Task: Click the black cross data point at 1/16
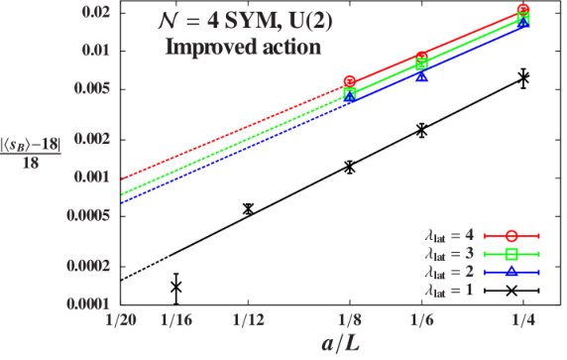coord(176,287)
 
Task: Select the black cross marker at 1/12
coord(248,209)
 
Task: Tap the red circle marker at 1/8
coord(350,81)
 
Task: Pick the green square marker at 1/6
coord(421,64)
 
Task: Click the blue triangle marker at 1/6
coord(421,76)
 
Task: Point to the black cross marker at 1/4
coord(523,77)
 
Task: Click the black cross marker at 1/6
coord(421,130)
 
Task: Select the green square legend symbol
coord(511,254)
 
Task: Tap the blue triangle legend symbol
coord(511,272)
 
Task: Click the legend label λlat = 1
coord(449,291)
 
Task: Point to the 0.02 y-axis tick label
coord(95,13)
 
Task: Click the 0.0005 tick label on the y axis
coord(88,216)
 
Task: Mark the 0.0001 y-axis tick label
coord(88,304)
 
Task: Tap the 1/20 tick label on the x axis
coord(121,320)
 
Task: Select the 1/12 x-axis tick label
coord(248,320)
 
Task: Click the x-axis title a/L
coord(341,343)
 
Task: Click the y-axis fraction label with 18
coord(31,155)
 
